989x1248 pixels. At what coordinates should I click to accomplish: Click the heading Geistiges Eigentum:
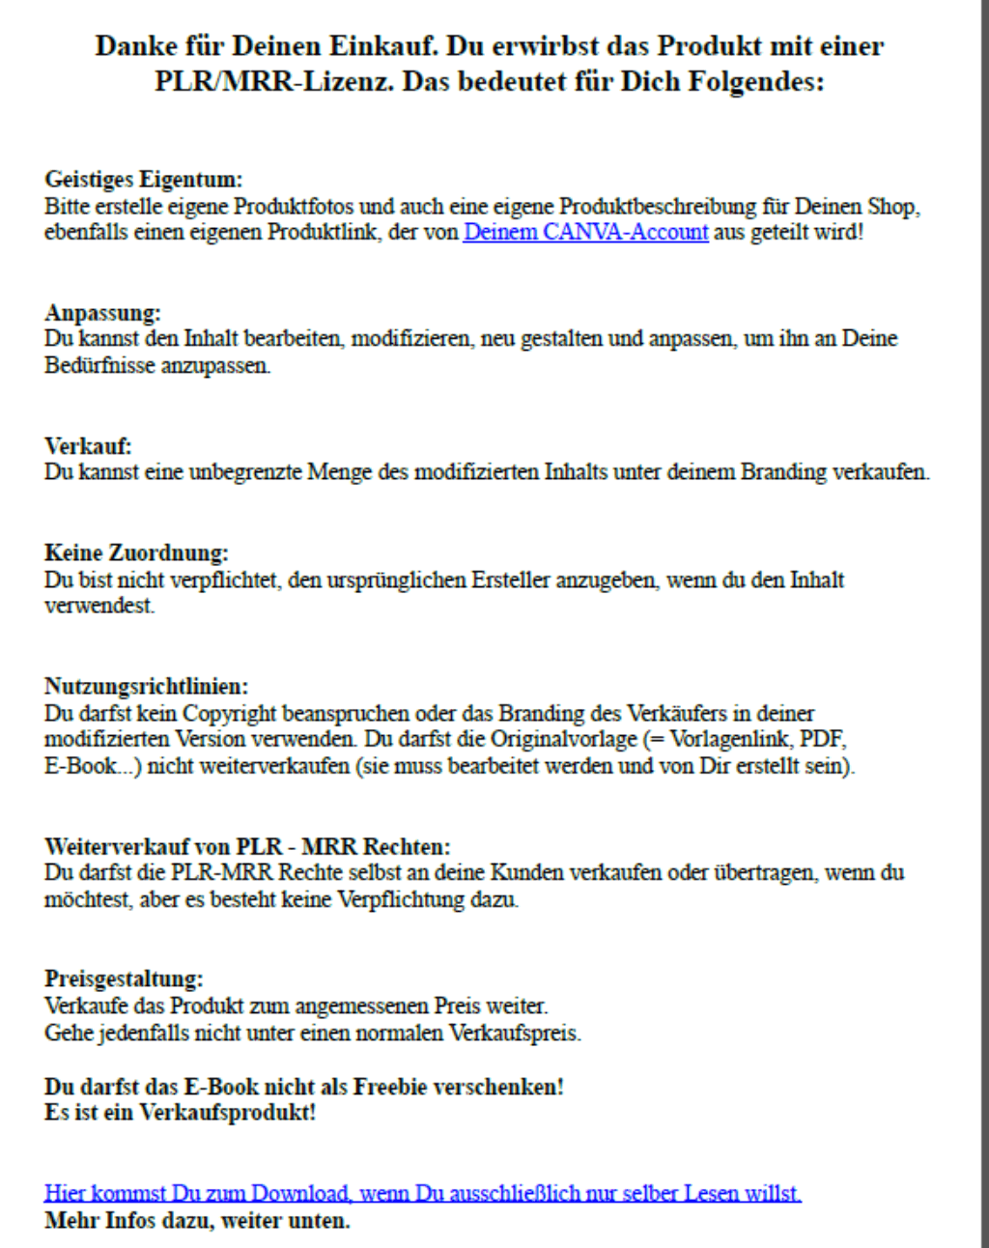pos(143,180)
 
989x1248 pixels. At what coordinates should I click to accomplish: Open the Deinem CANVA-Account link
pos(585,233)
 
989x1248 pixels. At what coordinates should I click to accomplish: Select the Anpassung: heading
pos(102,313)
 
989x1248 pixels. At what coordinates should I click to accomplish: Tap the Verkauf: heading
pos(88,446)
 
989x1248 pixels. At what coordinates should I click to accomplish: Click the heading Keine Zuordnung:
pos(136,553)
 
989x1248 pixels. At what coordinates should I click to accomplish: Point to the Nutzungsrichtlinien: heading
pos(146,687)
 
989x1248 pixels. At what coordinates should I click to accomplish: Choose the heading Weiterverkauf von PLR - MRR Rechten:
pos(247,847)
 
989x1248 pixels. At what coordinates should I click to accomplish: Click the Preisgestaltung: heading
pos(124,979)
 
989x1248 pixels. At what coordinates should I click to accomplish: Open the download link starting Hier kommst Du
pos(422,1194)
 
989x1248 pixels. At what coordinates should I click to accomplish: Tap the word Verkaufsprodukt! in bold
pos(228,1113)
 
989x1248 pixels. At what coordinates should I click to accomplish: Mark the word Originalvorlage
pos(563,740)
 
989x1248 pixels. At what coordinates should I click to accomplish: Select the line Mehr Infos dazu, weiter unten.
pos(197,1221)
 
